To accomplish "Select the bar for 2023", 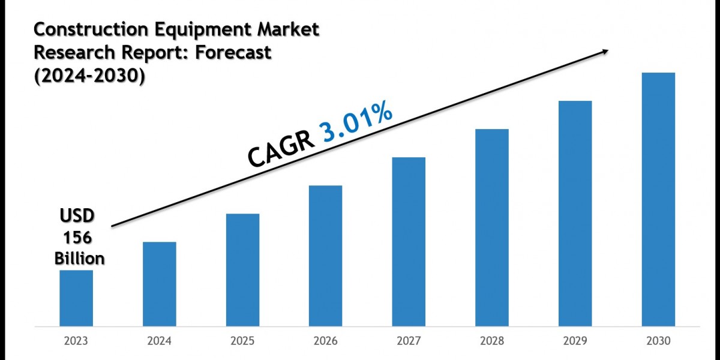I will pyautogui.click(x=76, y=298).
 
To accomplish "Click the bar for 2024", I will pyautogui.click(x=160, y=284).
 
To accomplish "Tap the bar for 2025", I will pyautogui.click(x=243, y=269).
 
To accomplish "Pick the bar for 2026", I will pyautogui.click(x=326, y=256).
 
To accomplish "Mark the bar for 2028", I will pyautogui.click(x=492, y=227).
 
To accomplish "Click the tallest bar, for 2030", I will pyautogui.click(x=658, y=199).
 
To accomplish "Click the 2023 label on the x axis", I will pyautogui.click(x=76, y=341).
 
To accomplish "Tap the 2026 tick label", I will pyautogui.click(x=326, y=341).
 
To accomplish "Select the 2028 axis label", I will pyautogui.click(x=492, y=341).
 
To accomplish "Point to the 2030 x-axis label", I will pyautogui.click(x=658, y=341).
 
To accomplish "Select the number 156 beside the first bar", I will pyautogui.click(x=76, y=237).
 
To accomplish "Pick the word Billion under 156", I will pyautogui.click(x=79, y=258).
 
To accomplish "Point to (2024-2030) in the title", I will pyautogui.click(x=89, y=77).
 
